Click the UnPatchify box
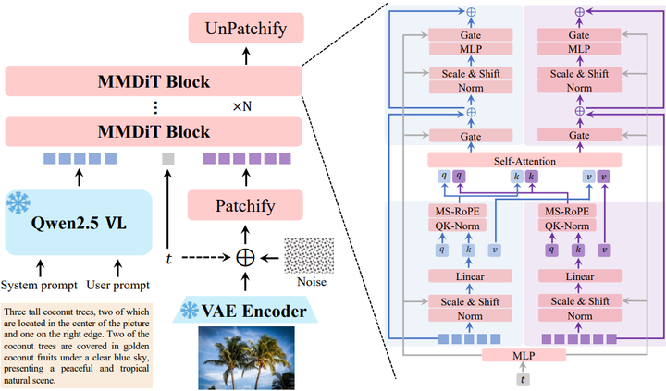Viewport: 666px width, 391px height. pyautogui.click(x=246, y=28)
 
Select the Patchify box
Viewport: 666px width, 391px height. pyautogui.click(x=245, y=205)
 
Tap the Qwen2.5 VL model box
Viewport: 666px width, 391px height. pyautogui.click(x=79, y=223)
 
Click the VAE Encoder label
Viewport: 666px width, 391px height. pyautogui.click(x=253, y=312)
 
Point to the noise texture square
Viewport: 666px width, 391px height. pyautogui.click(x=309, y=255)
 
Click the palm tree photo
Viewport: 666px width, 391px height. pyautogui.click(x=246, y=358)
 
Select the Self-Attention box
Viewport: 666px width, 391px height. pyautogui.click(x=524, y=161)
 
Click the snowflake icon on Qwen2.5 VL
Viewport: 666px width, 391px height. pyautogui.click(x=18, y=202)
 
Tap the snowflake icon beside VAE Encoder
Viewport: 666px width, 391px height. pyautogui.click(x=190, y=311)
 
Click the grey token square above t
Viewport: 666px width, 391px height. pyautogui.click(x=168, y=158)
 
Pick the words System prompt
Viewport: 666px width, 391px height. pyautogui.click(x=39, y=285)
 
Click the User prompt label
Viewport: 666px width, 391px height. pyautogui.click(x=118, y=285)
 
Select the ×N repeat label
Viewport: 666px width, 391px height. pyautogui.click(x=242, y=106)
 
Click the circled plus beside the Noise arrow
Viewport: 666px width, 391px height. pyautogui.click(x=245, y=257)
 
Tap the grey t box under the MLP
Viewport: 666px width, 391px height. pyautogui.click(x=523, y=380)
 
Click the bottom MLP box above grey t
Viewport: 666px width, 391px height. pyautogui.click(x=524, y=355)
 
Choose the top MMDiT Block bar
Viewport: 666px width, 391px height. pyautogui.click(x=154, y=81)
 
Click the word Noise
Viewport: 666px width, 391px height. pyautogui.click(x=312, y=282)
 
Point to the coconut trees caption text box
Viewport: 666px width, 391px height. pyautogui.click(x=77, y=346)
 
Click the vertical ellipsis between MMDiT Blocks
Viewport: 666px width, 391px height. pyautogui.click(x=155, y=107)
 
